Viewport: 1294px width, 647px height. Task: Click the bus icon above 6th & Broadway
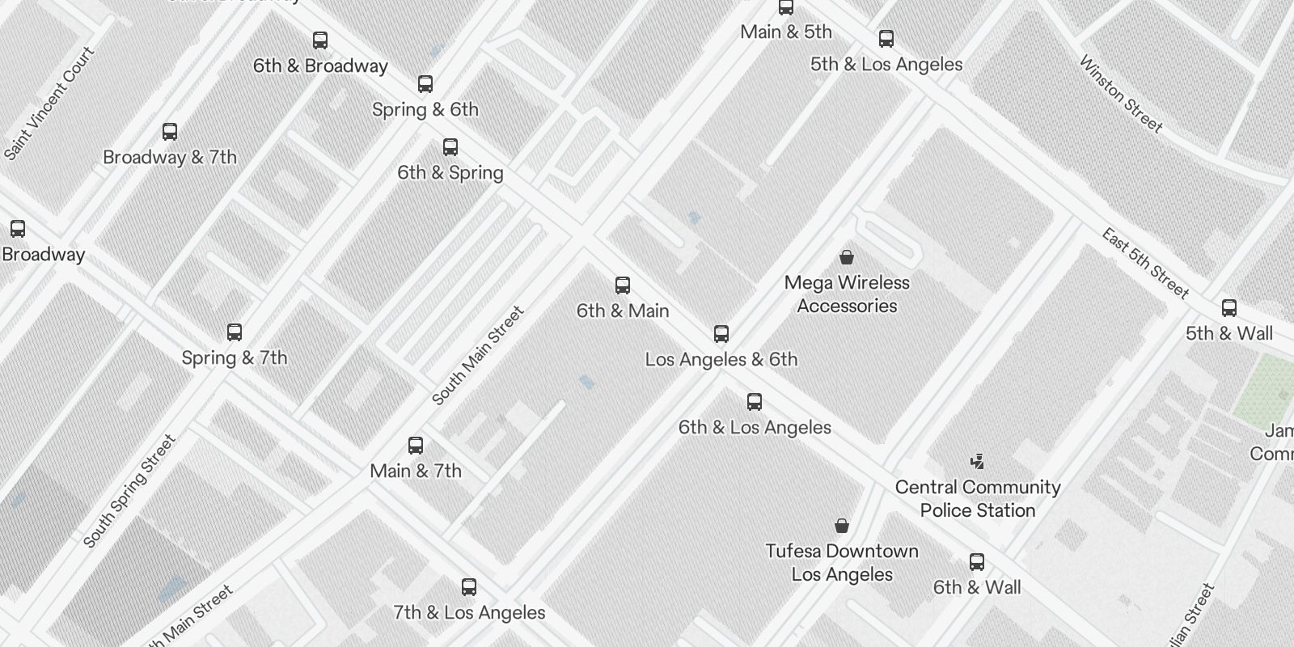coord(320,40)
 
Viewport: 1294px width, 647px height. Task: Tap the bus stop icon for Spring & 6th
coord(425,84)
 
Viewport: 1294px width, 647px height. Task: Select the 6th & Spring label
coord(450,172)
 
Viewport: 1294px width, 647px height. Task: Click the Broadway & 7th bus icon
coord(170,132)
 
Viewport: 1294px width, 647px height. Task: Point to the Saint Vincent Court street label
coord(49,104)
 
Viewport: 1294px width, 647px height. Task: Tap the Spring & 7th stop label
coord(235,357)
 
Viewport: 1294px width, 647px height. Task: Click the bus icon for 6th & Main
coord(623,285)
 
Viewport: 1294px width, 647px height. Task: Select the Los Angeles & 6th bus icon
coord(721,334)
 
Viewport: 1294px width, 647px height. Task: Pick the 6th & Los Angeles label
coord(755,427)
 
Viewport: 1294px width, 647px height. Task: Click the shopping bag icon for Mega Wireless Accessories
coord(847,257)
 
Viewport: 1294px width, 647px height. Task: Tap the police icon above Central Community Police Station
coord(978,462)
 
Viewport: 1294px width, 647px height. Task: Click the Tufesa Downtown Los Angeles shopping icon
coord(842,526)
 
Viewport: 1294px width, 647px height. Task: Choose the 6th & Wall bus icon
coord(977,562)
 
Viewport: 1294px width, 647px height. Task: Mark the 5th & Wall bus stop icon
coord(1229,308)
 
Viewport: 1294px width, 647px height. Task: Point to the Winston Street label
coord(1121,95)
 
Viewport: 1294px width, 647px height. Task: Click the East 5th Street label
coord(1145,264)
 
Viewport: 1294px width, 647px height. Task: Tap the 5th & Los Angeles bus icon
coord(886,39)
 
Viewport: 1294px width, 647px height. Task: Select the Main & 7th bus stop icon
coord(416,446)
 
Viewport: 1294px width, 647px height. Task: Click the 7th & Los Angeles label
coord(469,612)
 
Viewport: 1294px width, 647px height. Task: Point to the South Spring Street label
coord(129,491)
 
